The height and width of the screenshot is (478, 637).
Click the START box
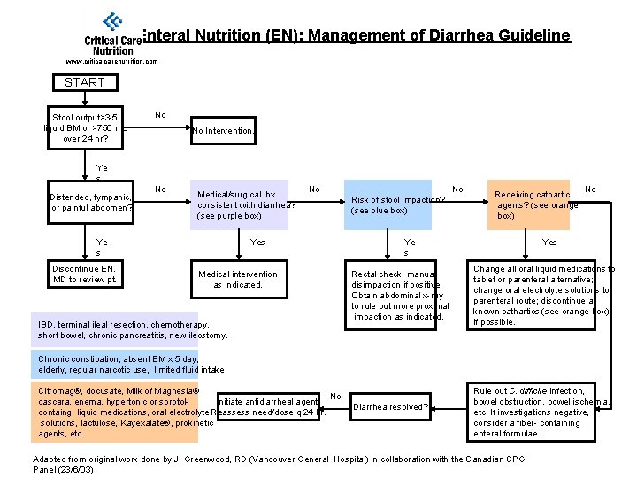coord(84,82)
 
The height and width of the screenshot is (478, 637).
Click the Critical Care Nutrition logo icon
coord(112,22)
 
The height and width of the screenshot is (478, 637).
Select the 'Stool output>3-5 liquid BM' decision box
coord(87,127)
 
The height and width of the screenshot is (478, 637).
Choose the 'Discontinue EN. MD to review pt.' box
coord(84,274)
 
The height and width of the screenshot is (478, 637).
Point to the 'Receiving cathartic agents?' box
coord(535,204)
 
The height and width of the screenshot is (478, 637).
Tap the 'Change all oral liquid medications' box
coord(540,296)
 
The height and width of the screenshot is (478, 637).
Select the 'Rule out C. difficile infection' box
coord(540,412)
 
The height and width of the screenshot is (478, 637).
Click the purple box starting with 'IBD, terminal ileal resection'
coord(133,330)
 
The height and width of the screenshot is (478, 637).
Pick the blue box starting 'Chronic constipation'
coord(133,364)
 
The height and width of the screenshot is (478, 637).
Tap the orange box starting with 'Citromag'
coord(124,412)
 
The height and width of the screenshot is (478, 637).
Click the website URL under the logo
coord(112,62)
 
